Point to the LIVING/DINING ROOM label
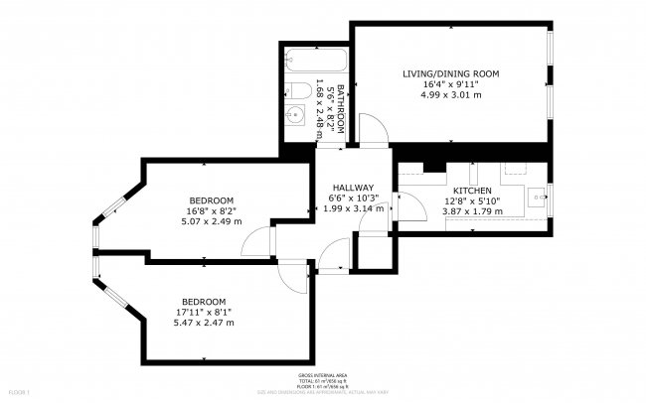point(450,73)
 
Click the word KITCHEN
point(472,190)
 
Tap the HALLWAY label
point(353,188)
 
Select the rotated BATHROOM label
point(339,109)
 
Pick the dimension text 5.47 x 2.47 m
point(204,323)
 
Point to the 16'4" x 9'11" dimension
point(450,85)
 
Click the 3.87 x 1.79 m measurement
point(472,212)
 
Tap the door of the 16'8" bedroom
point(258,240)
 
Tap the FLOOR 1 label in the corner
point(14,394)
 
